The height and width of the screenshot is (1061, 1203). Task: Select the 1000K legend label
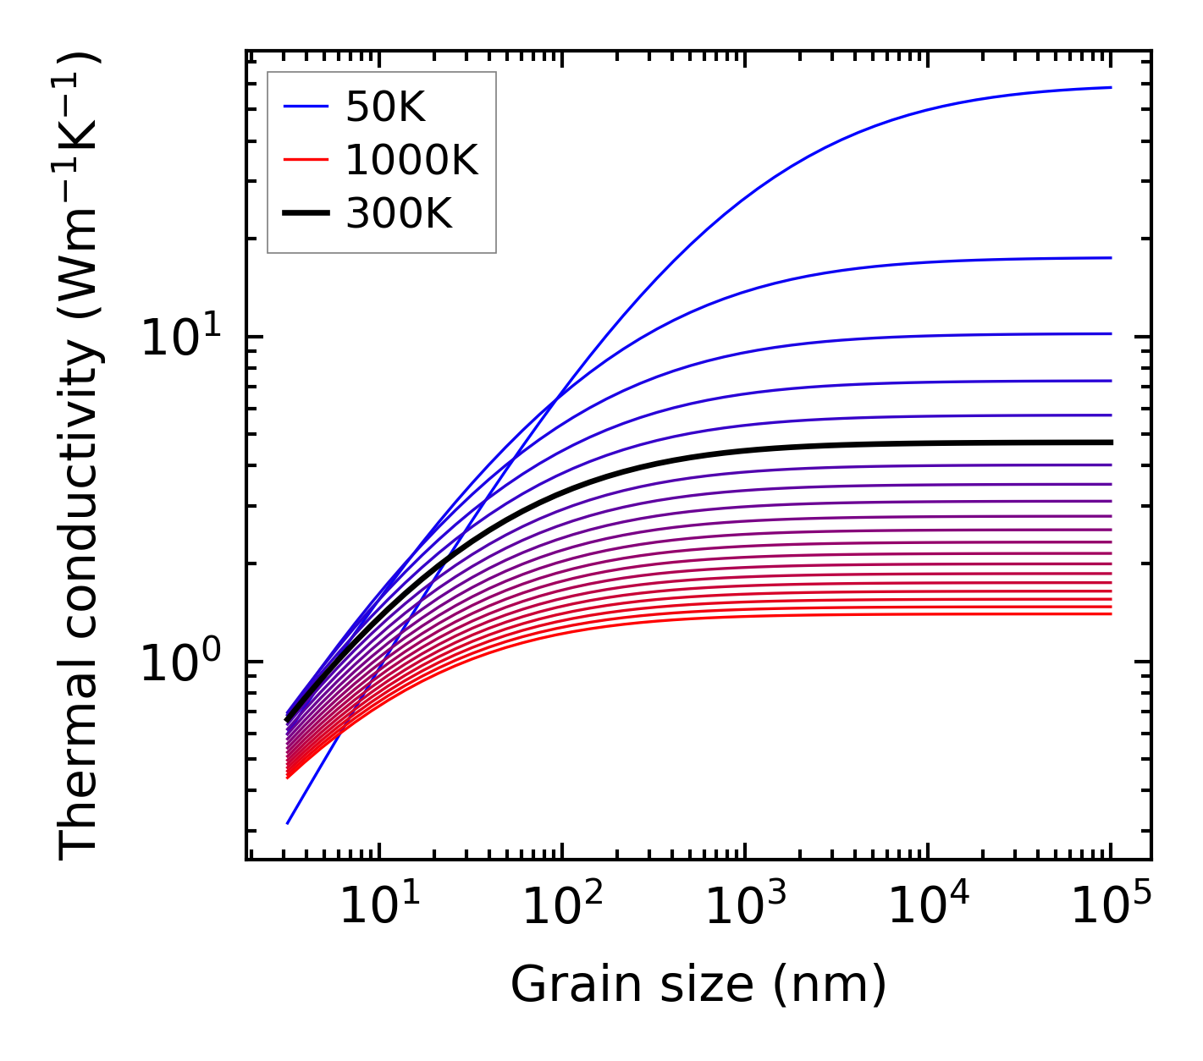[x=411, y=160]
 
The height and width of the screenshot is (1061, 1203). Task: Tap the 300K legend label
[x=399, y=214]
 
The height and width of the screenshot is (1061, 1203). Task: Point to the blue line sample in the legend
[x=305, y=107]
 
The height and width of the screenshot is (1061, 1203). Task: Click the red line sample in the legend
[x=305, y=160]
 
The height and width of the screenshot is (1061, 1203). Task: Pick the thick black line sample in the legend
[x=305, y=214]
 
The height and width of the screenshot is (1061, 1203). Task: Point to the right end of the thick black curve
[x=1111, y=443]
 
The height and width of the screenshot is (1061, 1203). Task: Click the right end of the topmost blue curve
[x=1111, y=87]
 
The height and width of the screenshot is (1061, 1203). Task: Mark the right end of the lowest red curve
[x=1111, y=613]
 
